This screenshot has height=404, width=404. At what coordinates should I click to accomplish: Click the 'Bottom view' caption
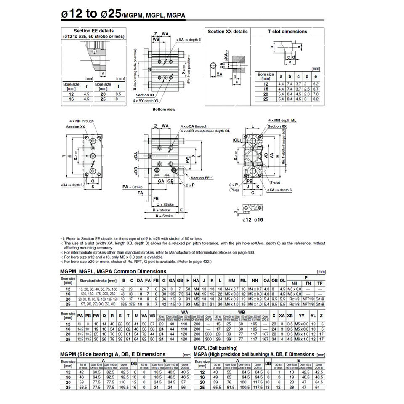[164, 109]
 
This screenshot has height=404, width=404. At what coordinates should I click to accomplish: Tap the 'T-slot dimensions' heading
[287, 32]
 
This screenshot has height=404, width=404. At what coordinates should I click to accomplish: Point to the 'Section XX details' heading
[228, 32]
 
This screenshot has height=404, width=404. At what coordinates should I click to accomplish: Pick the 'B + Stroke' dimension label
[161, 210]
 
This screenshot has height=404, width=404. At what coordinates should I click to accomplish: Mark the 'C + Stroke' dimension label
[165, 204]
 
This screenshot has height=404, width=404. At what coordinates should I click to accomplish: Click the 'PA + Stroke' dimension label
[132, 186]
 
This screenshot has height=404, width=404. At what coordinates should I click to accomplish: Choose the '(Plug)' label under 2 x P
[234, 190]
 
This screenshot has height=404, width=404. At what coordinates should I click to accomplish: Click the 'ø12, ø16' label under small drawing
[252, 220]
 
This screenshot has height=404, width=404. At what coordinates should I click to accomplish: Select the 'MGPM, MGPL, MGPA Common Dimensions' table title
[113, 271]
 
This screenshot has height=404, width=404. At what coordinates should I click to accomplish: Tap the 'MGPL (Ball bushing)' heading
[215, 348]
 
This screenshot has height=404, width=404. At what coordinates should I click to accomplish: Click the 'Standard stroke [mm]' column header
[98, 280]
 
